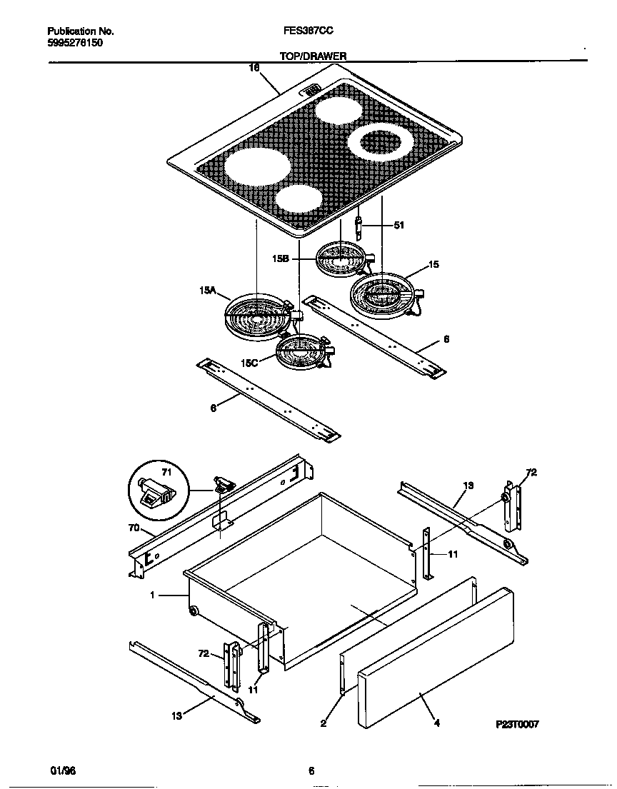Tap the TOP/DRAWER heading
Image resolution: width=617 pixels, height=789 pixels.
point(313,55)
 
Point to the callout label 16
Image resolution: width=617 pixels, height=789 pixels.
point(254,69)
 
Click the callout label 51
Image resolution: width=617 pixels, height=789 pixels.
point(398,226)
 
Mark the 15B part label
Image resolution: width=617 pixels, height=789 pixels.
point(280,260)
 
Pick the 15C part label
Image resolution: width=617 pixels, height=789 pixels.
point(249,363)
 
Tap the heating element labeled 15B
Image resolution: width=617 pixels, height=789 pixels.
point(341,258)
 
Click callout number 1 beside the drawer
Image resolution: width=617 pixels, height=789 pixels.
point(151,594)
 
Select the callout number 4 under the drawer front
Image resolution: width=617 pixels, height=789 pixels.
point(436,723)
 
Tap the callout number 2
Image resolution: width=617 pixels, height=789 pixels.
point(323,723)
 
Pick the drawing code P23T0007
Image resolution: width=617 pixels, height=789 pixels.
point(517,724)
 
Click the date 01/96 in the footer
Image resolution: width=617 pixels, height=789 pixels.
point(62,770)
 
